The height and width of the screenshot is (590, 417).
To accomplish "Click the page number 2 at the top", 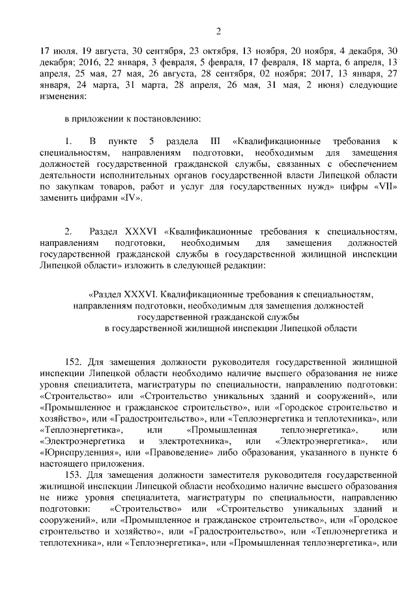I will point(218,31).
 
